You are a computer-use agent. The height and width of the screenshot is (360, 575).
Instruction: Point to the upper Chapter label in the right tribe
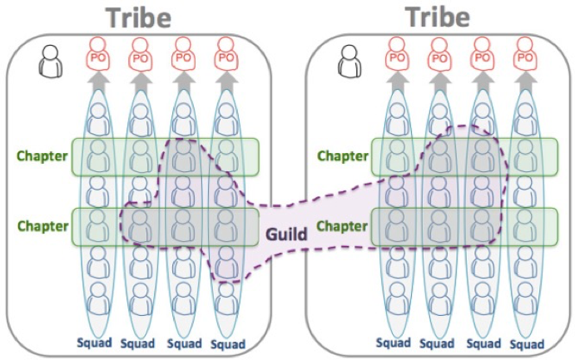pyautogui.click(x=343, y=155)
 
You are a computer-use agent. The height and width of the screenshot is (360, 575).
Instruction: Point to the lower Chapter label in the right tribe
pyautogui.click(x=343, y=224)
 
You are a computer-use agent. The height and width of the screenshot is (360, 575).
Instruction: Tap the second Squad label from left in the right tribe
pyautogui.click(x=438, y=343)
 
